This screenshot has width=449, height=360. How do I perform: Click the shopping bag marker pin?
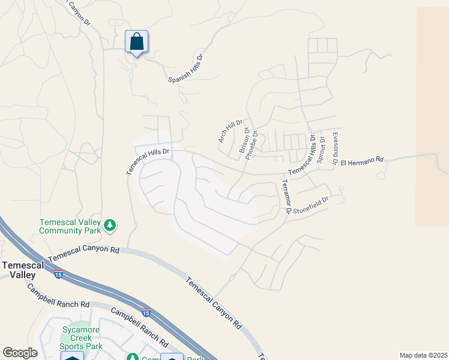point(136,42)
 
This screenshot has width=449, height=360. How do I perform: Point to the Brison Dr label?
point(245,143)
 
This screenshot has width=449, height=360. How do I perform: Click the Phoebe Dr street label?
point(252,144)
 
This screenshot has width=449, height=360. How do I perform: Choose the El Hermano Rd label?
point(361,161)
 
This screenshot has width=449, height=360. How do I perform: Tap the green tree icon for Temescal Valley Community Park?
point(109,225)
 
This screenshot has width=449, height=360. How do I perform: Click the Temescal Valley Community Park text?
point(69,225)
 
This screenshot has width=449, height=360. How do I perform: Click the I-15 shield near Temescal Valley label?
point(58,275)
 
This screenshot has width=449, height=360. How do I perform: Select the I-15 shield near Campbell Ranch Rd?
point(146,313)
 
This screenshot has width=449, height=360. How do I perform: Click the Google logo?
point(20,353)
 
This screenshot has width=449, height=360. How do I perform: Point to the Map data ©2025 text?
point(423,355)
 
